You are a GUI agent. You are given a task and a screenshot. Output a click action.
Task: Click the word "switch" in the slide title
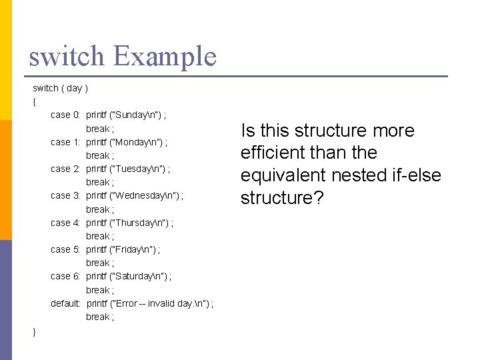66,56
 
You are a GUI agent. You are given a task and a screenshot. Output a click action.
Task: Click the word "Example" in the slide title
165,56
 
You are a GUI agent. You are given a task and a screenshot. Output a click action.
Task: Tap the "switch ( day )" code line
61,88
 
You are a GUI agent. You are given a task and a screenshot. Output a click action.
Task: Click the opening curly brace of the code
34,102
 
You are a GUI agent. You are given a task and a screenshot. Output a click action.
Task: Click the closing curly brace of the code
34,331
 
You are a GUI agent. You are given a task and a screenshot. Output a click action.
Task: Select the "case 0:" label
65,115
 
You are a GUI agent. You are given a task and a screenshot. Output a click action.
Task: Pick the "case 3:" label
65,195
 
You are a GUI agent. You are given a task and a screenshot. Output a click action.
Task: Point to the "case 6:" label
65,276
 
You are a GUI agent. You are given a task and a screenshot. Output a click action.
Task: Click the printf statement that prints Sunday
126,115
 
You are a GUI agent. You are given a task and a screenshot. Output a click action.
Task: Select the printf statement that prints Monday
127,141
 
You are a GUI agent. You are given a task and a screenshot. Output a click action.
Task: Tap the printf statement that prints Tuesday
128,169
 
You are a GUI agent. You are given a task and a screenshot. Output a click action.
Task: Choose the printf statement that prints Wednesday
135,195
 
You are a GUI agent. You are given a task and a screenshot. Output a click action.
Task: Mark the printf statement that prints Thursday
130,223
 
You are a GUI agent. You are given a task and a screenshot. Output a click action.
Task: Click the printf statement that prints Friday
123,249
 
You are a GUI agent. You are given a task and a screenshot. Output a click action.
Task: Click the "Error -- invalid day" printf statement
150,303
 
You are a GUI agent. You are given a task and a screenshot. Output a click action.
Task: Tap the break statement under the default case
100,317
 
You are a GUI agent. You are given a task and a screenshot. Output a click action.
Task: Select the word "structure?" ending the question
281,198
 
